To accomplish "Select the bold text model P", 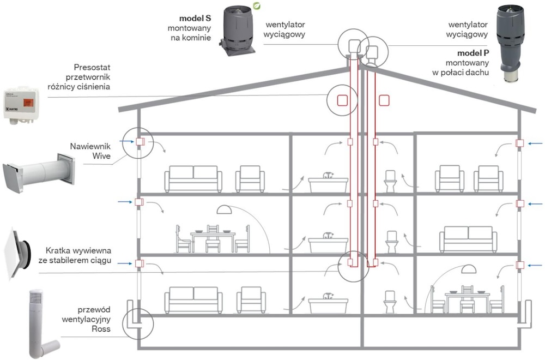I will (472, 53).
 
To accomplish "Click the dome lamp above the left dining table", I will (226, 209).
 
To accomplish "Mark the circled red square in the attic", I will (342, 100).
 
